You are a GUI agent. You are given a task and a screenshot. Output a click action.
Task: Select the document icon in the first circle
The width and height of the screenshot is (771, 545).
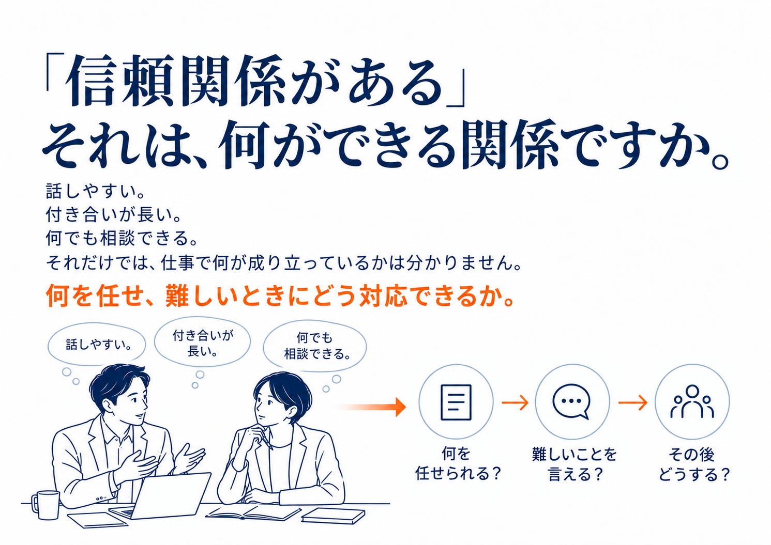[x=456, y=402]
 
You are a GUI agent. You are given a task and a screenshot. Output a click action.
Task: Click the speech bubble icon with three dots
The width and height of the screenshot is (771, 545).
[x=571, y=401]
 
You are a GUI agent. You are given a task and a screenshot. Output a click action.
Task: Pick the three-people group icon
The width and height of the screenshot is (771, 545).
[x=692, y=401]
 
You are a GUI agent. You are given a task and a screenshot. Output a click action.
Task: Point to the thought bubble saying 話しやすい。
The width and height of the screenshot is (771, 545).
[x=97, y=344]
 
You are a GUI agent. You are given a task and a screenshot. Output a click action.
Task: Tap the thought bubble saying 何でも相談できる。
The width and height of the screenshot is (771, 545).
[x=314, y=346]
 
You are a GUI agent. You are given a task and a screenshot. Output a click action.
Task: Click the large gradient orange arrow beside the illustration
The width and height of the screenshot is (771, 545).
[x=373, y=407]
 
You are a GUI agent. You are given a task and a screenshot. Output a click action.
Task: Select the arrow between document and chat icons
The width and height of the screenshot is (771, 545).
[x=515, y=402]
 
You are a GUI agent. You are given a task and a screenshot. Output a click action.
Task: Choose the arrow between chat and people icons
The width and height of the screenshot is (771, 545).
[x=632, y=402]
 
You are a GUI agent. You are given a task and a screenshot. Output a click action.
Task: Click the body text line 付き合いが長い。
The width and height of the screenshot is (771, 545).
[x=114, y=214]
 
